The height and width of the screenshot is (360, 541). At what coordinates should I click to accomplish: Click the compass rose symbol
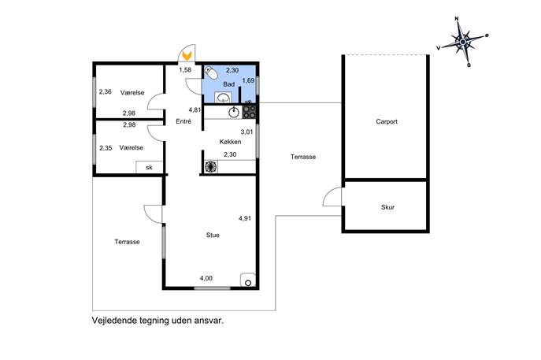click(x=463, y=42)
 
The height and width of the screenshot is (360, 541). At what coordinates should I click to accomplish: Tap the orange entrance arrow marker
click(x=187, y=56)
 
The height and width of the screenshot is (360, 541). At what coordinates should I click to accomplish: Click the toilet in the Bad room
click(x=210, y=72)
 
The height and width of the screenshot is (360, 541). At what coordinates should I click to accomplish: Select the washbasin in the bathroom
click(x=223, y=98)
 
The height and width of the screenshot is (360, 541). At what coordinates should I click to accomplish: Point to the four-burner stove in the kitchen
click(x=250, y=112)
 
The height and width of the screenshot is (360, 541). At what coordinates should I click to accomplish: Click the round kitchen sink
click(x=234, y=112)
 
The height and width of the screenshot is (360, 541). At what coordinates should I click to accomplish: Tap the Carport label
click(x=387, y=121)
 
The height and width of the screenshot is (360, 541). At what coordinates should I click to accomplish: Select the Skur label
click(x=387, y=207)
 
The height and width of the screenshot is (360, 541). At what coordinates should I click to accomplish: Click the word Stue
click(x=213, y=235)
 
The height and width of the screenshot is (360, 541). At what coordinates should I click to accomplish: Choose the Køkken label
click(x=230, y=142)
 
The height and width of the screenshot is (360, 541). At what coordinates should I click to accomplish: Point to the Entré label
click(x=183, y=121)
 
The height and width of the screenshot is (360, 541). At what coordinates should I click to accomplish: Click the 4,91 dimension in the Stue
click(x=245, y=218)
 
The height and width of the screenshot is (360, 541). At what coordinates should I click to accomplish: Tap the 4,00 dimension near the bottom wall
click(x=206, y=278)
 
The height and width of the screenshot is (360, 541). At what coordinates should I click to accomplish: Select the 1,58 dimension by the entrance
click(x=185, y=70)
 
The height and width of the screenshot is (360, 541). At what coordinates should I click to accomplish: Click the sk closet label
click(x=149, y=168)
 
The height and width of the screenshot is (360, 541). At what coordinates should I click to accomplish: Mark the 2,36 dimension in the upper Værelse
click(x=106, y=92)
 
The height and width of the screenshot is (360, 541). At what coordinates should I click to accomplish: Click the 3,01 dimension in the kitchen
click(x=246, y=132)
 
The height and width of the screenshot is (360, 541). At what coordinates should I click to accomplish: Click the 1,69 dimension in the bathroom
click(x=248, y=80)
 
